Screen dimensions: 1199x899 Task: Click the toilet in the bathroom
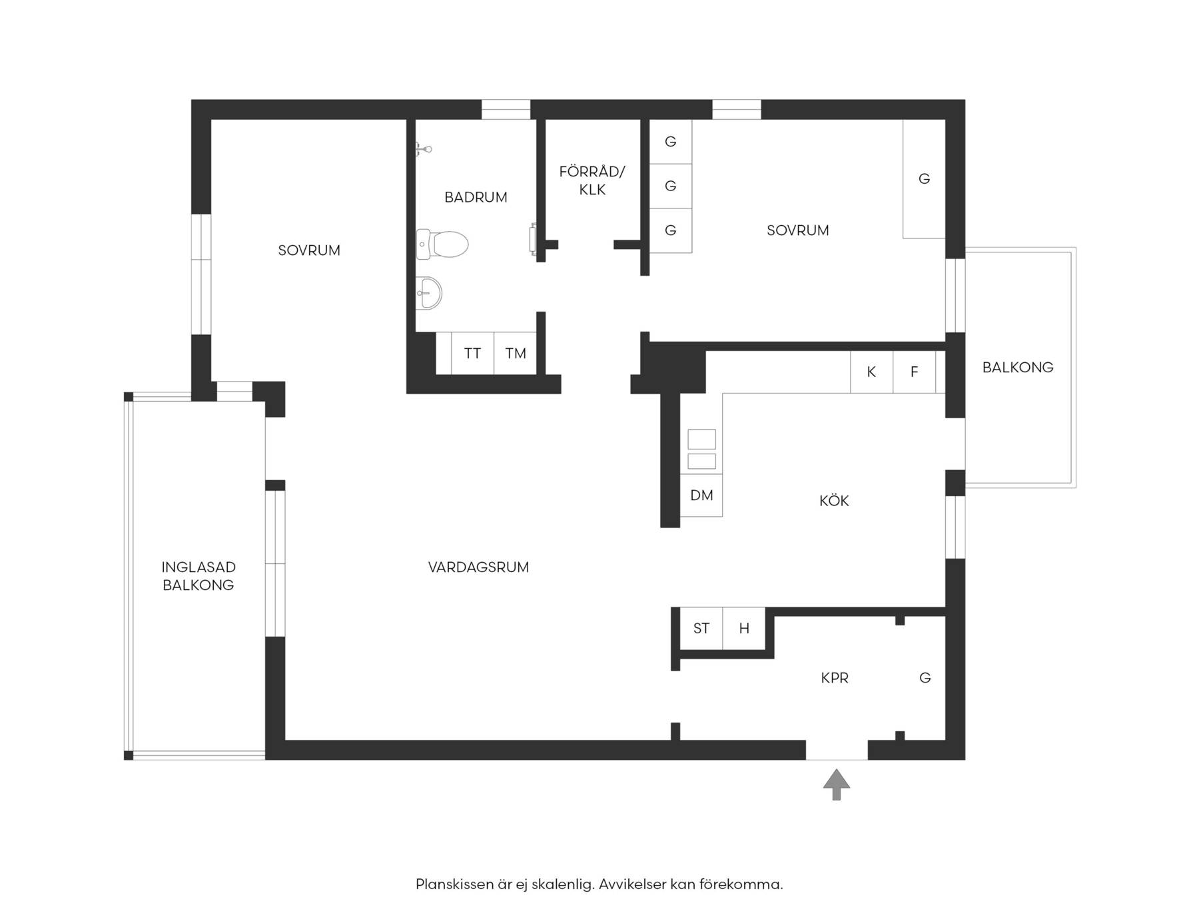click(442, 244)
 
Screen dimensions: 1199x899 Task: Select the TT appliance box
click(472, 353)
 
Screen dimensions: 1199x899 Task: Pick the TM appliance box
click(515, 353)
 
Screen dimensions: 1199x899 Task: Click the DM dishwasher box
click(701, 495)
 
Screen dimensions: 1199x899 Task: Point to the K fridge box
click(871, 372)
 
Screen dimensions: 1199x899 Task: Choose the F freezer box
click(915, 372)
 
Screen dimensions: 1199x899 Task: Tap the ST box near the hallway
click(701, 628)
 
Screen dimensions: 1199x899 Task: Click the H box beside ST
click(744, 628)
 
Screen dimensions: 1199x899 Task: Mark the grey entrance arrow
click(837, 784)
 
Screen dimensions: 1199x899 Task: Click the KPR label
click(835, 678)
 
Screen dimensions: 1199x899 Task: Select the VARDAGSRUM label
click(478, 567)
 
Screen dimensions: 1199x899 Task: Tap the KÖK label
click(834, 500)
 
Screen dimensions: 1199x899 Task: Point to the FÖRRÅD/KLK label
click(592, 180)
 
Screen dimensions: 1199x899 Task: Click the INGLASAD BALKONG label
click(199, 576)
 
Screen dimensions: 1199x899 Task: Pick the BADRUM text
click(476, 197)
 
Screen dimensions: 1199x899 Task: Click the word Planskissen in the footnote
click(454, 884)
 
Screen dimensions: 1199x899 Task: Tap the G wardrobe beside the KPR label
click(925, 678)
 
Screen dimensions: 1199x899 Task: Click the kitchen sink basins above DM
click(701, 449)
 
